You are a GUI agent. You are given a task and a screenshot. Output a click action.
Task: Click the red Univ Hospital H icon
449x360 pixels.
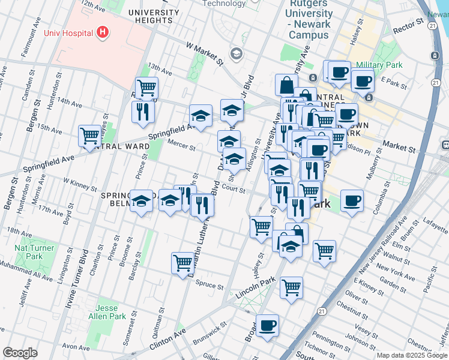point(103,32)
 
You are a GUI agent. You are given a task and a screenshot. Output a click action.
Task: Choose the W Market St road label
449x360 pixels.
point(204,53)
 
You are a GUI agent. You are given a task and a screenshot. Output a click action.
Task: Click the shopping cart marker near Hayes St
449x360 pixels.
point(89,136)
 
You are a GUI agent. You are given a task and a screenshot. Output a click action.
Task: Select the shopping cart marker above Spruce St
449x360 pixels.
point(182,262)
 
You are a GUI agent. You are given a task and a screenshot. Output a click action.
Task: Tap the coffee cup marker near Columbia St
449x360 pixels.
point(352,200)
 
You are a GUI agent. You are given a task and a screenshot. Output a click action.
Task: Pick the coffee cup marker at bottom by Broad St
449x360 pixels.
point(267,325)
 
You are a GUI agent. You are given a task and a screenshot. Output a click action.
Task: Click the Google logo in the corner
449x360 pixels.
point(20,353)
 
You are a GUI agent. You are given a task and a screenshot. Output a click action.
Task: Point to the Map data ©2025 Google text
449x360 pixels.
point(412,355)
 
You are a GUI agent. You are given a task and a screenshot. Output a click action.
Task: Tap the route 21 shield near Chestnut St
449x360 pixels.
point(322,311)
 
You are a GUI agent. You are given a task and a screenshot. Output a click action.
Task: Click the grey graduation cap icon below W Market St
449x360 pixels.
point(236,55)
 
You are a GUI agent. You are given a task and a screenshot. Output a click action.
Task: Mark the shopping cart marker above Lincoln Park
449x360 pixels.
point(291,287)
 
